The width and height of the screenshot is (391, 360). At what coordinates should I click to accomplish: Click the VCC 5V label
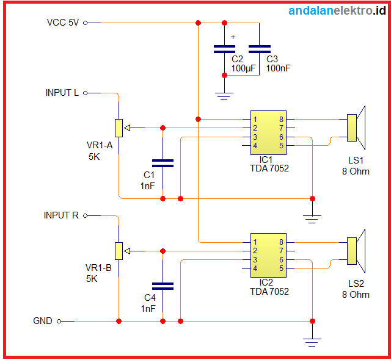[63, 23]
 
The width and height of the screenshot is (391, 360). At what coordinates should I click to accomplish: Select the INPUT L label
[62, 93]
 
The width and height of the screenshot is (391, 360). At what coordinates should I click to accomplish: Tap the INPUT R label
[61, 215]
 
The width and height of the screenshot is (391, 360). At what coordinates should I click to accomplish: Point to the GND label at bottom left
[43, 321]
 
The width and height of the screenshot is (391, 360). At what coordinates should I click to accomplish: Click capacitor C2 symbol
[224, 49]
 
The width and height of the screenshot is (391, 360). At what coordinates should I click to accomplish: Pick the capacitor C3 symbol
[260, 49]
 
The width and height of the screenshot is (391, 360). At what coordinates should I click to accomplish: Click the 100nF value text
[278, 68]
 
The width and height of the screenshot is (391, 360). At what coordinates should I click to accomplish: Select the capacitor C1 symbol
[163, 163]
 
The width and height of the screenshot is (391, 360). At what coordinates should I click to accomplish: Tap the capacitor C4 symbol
[163, 286]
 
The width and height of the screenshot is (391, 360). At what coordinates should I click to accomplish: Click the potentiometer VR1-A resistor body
[119, 128]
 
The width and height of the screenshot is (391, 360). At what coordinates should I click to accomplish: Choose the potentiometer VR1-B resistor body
[119, 250]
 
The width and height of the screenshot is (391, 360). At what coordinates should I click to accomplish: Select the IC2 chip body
[268, 255]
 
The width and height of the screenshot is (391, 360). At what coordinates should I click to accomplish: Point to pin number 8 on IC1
[281, 119]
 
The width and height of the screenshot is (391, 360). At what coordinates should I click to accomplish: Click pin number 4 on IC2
[255, 268]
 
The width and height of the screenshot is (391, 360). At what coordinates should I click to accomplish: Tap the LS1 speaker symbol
[356, 128]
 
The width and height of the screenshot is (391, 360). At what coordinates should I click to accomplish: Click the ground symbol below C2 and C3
[224, 95]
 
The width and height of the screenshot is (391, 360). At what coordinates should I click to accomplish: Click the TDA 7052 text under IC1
[269, 168]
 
